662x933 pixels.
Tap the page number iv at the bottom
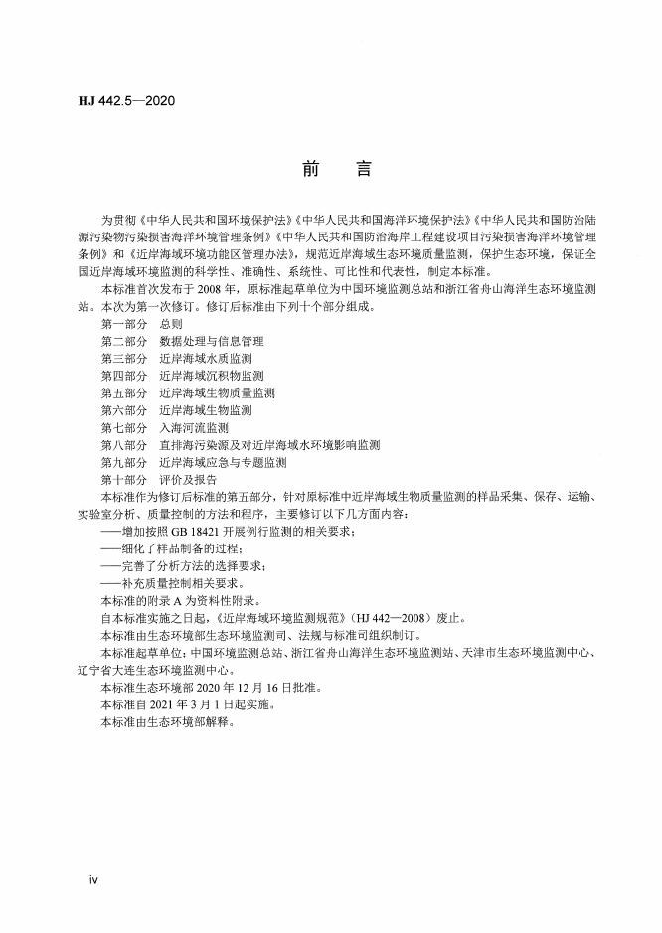click(x=94, y=879)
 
